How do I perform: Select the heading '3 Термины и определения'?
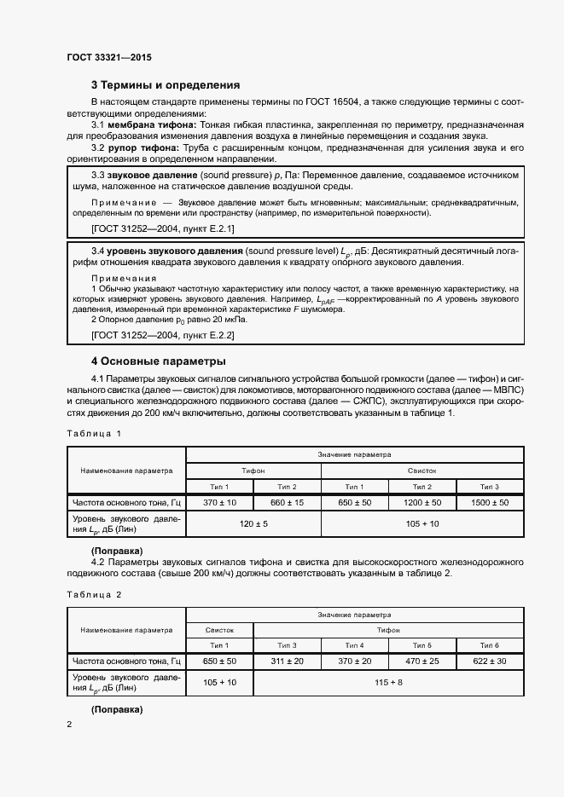click(x=165, y=84)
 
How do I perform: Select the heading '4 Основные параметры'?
click(x=146, y=361)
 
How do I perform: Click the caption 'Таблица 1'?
click(x=94, y=434)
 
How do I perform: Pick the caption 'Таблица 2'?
click(x=94, y=595)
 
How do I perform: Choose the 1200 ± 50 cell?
click(x=422, y=503)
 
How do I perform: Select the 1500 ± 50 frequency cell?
click(x=490, y=503)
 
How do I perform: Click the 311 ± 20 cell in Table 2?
click(x=288, y=661)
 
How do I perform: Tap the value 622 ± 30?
click(x=490, y=661)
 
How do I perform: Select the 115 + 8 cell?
click(x=388, y=683)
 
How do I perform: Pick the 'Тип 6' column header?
click(x=490, y=644)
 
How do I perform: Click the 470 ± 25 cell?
click(x=422, y=661)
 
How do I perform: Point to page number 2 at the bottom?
click(x=68, y=724)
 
